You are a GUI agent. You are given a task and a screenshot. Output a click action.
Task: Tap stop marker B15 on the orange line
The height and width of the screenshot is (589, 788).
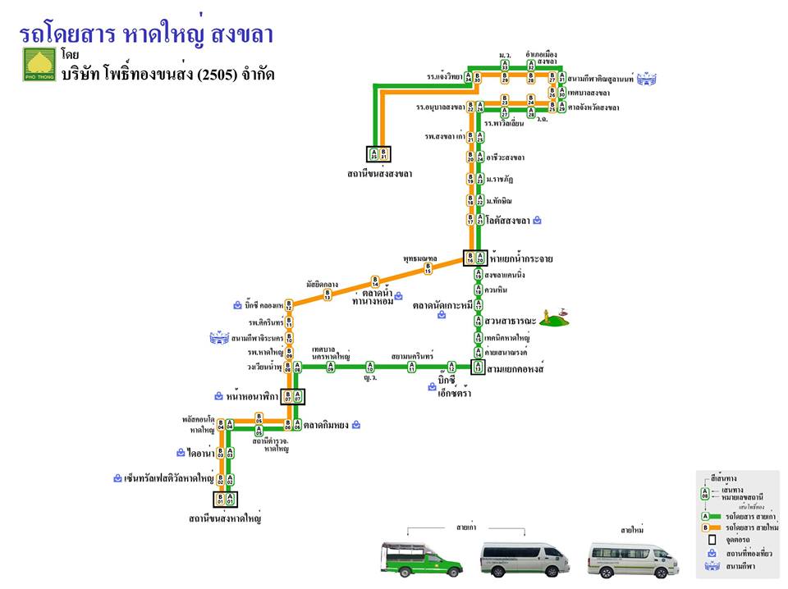[428, 267]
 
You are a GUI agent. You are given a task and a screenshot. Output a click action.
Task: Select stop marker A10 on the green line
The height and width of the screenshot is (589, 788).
[369, 368]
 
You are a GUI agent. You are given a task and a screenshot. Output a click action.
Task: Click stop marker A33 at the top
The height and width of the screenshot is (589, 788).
[505, 64]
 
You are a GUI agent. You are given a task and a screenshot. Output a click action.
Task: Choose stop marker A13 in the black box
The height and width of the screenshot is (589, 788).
[478, 368]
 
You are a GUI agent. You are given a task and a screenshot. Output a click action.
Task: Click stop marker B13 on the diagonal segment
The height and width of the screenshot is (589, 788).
[328, 294]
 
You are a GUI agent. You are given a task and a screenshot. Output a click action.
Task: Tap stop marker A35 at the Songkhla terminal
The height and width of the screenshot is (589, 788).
[373, 153]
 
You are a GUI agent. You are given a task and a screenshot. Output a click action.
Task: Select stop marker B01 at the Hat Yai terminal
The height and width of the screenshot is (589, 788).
[220, 498]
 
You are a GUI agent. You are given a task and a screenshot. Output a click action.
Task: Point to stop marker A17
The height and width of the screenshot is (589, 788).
[478, 304]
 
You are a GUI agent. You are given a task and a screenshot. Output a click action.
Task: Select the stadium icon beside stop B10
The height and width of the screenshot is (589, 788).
[220, 337]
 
